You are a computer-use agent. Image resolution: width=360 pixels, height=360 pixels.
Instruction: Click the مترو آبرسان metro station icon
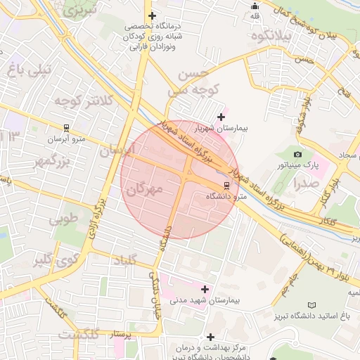pyautogui.click(x=66, y=129)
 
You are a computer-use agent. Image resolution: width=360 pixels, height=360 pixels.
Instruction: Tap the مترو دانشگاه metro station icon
pyautogui.click(x=226, y=186)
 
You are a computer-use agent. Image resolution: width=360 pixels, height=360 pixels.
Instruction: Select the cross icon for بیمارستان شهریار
pyautogui.click(x=222, y=117)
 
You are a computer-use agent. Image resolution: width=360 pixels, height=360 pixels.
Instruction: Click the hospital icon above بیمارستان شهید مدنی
pyautogui.click(x=205, y=288)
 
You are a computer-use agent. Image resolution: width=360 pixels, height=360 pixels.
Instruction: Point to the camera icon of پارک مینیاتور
pyautogui.click(x=297, y=154)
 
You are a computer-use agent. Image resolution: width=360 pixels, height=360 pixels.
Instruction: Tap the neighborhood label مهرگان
pyautogui.click(x=146, y=189)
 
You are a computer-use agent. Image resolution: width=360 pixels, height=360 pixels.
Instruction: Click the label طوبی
pyautogui.click(x=63, y=219)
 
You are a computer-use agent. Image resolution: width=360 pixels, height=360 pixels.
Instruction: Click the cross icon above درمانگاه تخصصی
pyautogui.click(x=152, y=15)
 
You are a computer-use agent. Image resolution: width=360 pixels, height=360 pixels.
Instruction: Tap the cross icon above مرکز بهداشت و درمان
pyautogui.click(x=211, y=337)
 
